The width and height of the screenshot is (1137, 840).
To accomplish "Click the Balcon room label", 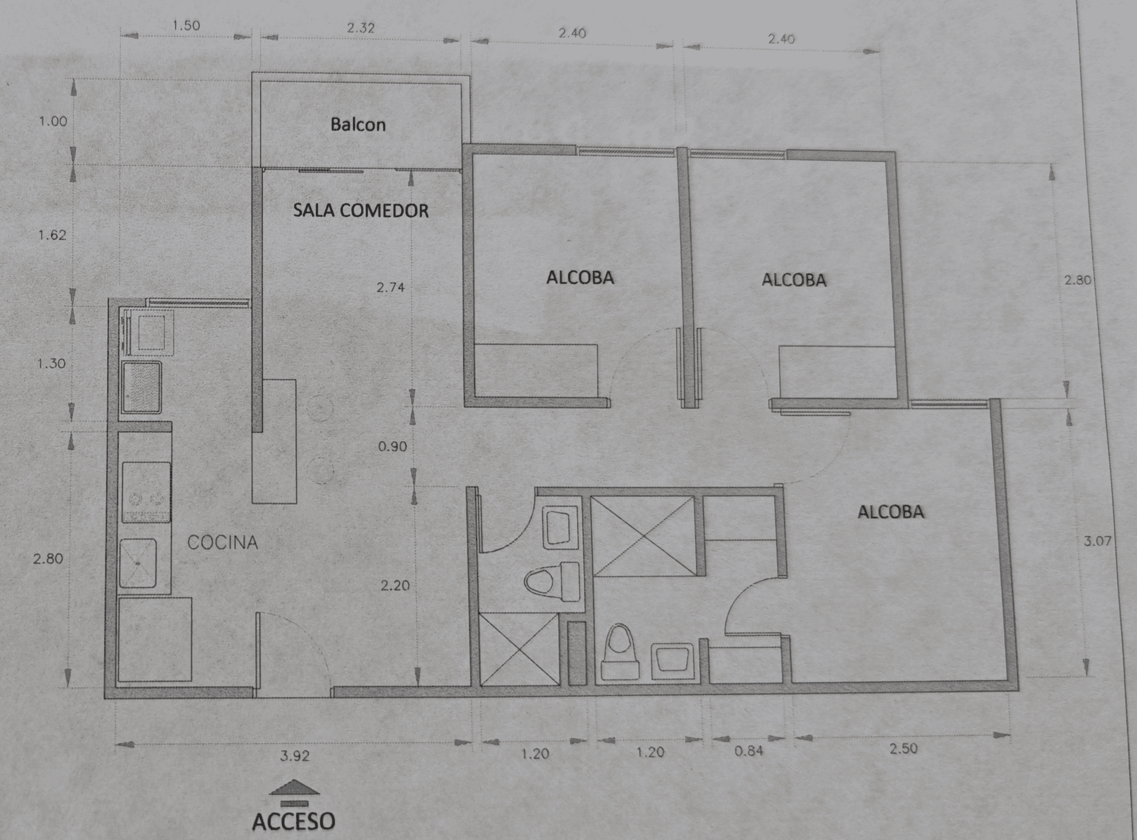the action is coord(358,125).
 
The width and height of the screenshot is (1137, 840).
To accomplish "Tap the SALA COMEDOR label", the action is coord(361,211).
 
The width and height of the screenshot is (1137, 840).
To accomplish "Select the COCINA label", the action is coord(223,542).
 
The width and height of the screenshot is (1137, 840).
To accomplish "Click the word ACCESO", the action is coord(293,821).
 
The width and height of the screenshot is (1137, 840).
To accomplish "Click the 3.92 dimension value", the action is coord(294,756).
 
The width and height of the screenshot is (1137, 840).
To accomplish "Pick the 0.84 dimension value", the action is coord(749,751).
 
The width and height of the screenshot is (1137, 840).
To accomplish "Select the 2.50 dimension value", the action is coord(904,749).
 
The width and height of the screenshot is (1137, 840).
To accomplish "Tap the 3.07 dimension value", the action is coord(1097,541).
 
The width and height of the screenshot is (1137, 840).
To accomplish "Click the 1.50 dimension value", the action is coord(186,25).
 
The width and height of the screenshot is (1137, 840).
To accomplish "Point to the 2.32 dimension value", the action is coord(361,28).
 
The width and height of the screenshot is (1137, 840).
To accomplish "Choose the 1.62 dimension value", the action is coord(52,235).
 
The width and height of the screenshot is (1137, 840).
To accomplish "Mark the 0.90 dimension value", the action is coord(392,447).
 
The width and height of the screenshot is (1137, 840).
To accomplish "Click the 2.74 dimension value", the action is coord(391,287).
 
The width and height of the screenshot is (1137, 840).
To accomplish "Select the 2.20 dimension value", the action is coord(395,585).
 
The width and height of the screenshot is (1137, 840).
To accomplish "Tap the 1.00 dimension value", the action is coord(53,121).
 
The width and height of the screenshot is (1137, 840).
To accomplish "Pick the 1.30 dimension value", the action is coord(51,364).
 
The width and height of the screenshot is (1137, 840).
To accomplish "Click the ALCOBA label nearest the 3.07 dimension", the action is coord(891,512).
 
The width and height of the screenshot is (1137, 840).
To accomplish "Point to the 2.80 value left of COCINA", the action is coord(48,559).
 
